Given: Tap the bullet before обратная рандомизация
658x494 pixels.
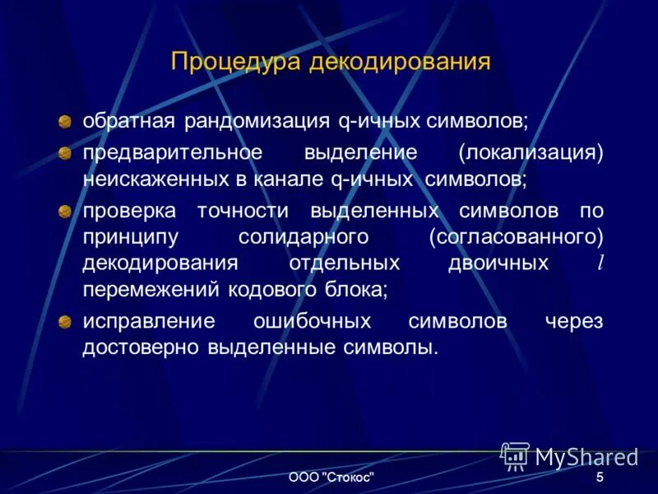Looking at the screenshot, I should tap(65, 123).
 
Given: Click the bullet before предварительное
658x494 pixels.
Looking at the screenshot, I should tap(65, 154).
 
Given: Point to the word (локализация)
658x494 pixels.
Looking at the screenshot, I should tap(531, 153).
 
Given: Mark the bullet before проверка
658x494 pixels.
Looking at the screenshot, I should tap(65, 211).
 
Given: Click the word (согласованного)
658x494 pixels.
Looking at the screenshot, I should tap(516, 236).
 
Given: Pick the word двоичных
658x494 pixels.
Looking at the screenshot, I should tap(498, 263).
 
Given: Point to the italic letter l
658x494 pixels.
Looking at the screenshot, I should tap(600, 263).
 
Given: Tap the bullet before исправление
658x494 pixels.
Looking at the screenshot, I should tap(65, 322).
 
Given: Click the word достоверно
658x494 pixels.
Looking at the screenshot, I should tap(141, 347).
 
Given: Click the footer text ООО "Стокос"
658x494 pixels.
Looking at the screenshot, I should tap(332, 478).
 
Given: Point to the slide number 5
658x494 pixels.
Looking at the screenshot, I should tap(600, 478).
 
